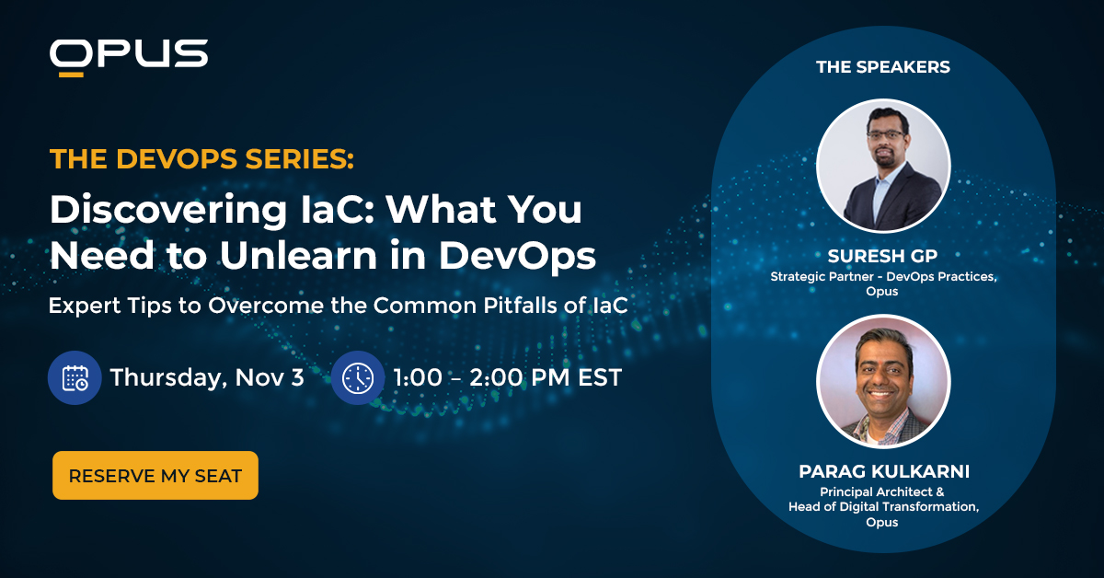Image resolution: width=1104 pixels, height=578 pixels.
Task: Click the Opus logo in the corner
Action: tap(128, 55)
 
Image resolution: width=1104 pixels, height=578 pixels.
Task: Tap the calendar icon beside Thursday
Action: tap(75, 377)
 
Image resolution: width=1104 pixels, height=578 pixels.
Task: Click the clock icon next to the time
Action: tap(358, 377)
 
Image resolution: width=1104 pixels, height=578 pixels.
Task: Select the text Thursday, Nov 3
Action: tap(207, 377)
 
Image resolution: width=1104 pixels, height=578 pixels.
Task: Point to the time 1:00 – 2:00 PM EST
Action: tap(507, 377)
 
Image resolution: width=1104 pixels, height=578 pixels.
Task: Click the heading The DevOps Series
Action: tap(201, 159)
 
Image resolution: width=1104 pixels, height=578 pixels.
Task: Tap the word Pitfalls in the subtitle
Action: tap(519, 306)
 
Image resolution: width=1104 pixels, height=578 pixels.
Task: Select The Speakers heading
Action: tap(882, 67)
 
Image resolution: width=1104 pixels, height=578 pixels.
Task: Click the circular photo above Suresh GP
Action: tap(882, 166)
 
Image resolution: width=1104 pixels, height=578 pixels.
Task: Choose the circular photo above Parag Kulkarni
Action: tap(882, 381)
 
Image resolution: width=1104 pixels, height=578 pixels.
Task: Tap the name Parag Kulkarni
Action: tap(882, 472)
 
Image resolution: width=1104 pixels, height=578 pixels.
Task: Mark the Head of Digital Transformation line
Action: tap(882, 506)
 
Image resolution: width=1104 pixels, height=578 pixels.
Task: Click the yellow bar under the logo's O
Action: tap(67, 72)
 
